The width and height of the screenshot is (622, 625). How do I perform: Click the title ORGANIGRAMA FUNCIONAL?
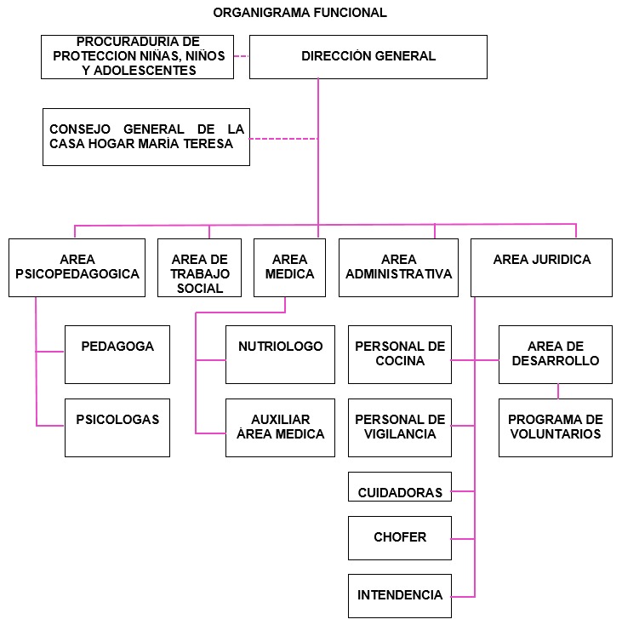point(300,13)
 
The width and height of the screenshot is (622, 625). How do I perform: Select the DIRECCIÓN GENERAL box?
point(368,57)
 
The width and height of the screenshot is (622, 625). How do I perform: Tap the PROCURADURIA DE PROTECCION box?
point(137,57)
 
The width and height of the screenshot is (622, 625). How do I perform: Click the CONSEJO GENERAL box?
point(146,137)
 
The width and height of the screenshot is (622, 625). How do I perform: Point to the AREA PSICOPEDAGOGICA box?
point(77,267)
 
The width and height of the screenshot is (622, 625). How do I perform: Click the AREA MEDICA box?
point(289,267)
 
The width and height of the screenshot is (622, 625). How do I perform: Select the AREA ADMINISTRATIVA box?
point(399,267)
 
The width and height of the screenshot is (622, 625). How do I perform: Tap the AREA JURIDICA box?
point(541,267)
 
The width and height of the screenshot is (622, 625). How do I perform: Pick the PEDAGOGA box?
point(117,354)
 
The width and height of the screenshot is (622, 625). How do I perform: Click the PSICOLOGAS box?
point(117,427)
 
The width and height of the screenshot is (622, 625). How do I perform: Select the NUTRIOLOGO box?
point(280,354)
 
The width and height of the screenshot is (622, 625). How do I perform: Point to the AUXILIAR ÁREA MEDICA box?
point(280,427)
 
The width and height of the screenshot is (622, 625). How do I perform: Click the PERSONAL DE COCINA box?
point(400,354)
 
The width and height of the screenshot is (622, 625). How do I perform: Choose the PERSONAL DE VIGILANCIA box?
point(400,427)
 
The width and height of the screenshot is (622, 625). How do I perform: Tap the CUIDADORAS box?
point(400,487)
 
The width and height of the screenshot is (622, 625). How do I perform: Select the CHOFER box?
point(400,538)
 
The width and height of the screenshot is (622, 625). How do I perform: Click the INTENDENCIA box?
point(400,596)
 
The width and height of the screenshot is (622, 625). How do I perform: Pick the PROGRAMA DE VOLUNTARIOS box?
point(555,427)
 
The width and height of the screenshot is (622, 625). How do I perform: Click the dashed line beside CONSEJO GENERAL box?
point(283,139)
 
